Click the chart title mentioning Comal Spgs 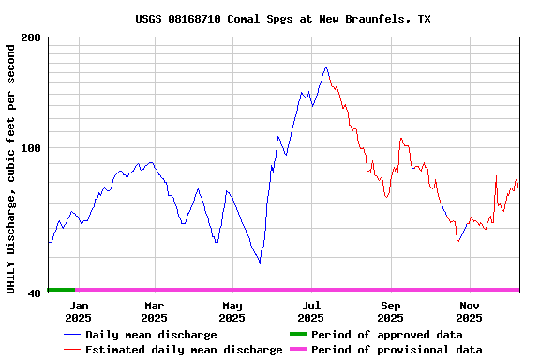(x=283, y=19)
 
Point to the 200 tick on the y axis (x=31, y=37)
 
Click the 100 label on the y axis (x=31, y=148)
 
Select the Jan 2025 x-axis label (x=79, y=311)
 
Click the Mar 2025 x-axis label (x=155, y=311)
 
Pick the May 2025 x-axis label (x=232, y=311)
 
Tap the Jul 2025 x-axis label (x=311, y=311)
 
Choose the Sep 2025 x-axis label (x=391, y=311)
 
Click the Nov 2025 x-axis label (x=470, y=311)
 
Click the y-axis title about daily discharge (x=11, y=167)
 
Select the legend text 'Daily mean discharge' (x=151, y=335)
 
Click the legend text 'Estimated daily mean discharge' (x=184, y=350)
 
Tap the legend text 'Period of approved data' (x=386, y=335)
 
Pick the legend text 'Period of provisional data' (x=397, y=350)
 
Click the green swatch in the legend (x=297, y=335)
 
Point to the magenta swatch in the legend (x=297, y=350)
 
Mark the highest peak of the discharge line (x=325, y=67)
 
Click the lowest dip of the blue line (x=260, y=263)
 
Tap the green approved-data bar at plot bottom (x=61, y=290)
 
